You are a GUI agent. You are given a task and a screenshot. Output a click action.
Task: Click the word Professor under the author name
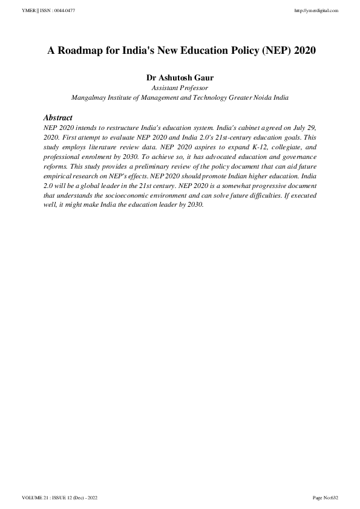tap(193, 87)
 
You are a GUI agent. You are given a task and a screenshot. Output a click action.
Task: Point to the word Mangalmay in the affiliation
tap(90, 97)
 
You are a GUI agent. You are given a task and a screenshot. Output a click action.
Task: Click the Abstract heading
tap(58, 118)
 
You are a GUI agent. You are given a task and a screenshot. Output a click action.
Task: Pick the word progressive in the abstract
tap(269, 184)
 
